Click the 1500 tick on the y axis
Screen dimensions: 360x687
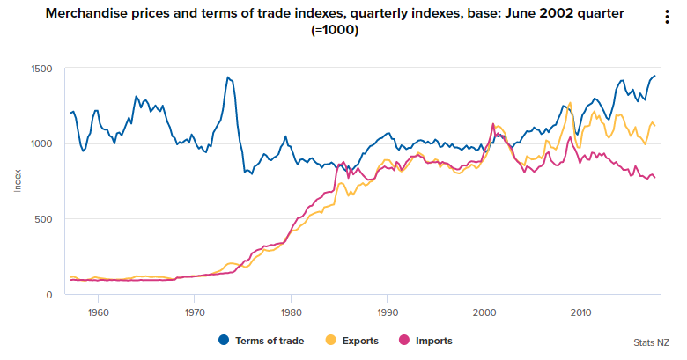(41, 69)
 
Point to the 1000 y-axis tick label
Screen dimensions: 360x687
(41, 143)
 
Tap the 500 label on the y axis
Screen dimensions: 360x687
(44, 219)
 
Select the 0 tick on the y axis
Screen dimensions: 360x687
(49, 294)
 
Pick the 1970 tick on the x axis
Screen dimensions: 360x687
(195, 312)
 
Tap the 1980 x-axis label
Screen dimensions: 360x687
(291, 312)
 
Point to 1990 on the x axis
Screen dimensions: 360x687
(387, 312)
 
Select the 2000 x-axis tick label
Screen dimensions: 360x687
(484, 312)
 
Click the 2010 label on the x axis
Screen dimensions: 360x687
(580, 312)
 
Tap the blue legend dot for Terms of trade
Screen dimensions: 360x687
(224, 341)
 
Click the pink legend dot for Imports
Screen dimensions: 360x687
(404, 341)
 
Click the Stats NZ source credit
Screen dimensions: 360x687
(651, 342)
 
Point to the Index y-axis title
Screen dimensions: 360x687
(18, 181)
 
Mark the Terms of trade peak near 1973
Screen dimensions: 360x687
(228, 77)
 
